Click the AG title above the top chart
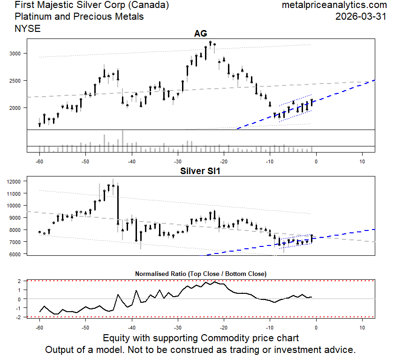coord(200,33)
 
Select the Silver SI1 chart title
coord(200,171)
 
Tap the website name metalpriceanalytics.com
coord(334,6)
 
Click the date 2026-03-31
coord(361,16)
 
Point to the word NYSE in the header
coord(28,28)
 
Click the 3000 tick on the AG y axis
coord(15,54)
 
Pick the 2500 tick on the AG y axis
coord(15,81)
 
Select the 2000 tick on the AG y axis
coord(15,108)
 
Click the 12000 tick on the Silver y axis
coord(14,181)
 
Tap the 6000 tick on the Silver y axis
coord(15,254)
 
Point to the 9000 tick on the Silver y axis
coord(15,218)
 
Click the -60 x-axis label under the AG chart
coord(39,162)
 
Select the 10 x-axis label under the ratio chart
coord(362,327)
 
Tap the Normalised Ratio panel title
coord(200,273)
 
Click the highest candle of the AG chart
coord(210,48)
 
